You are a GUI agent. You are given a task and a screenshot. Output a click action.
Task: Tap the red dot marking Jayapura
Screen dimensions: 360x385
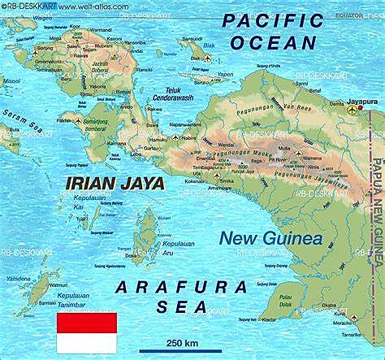(x=360, y=108)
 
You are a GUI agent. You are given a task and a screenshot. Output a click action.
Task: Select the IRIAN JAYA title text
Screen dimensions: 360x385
(x=113, y=183)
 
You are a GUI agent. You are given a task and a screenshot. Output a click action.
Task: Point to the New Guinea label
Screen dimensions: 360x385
(x=270, y=238)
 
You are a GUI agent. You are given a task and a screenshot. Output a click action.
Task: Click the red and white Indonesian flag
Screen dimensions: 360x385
(x=86, y=332)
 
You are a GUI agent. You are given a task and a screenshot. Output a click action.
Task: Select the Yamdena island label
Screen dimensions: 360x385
(x=18, y=279)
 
